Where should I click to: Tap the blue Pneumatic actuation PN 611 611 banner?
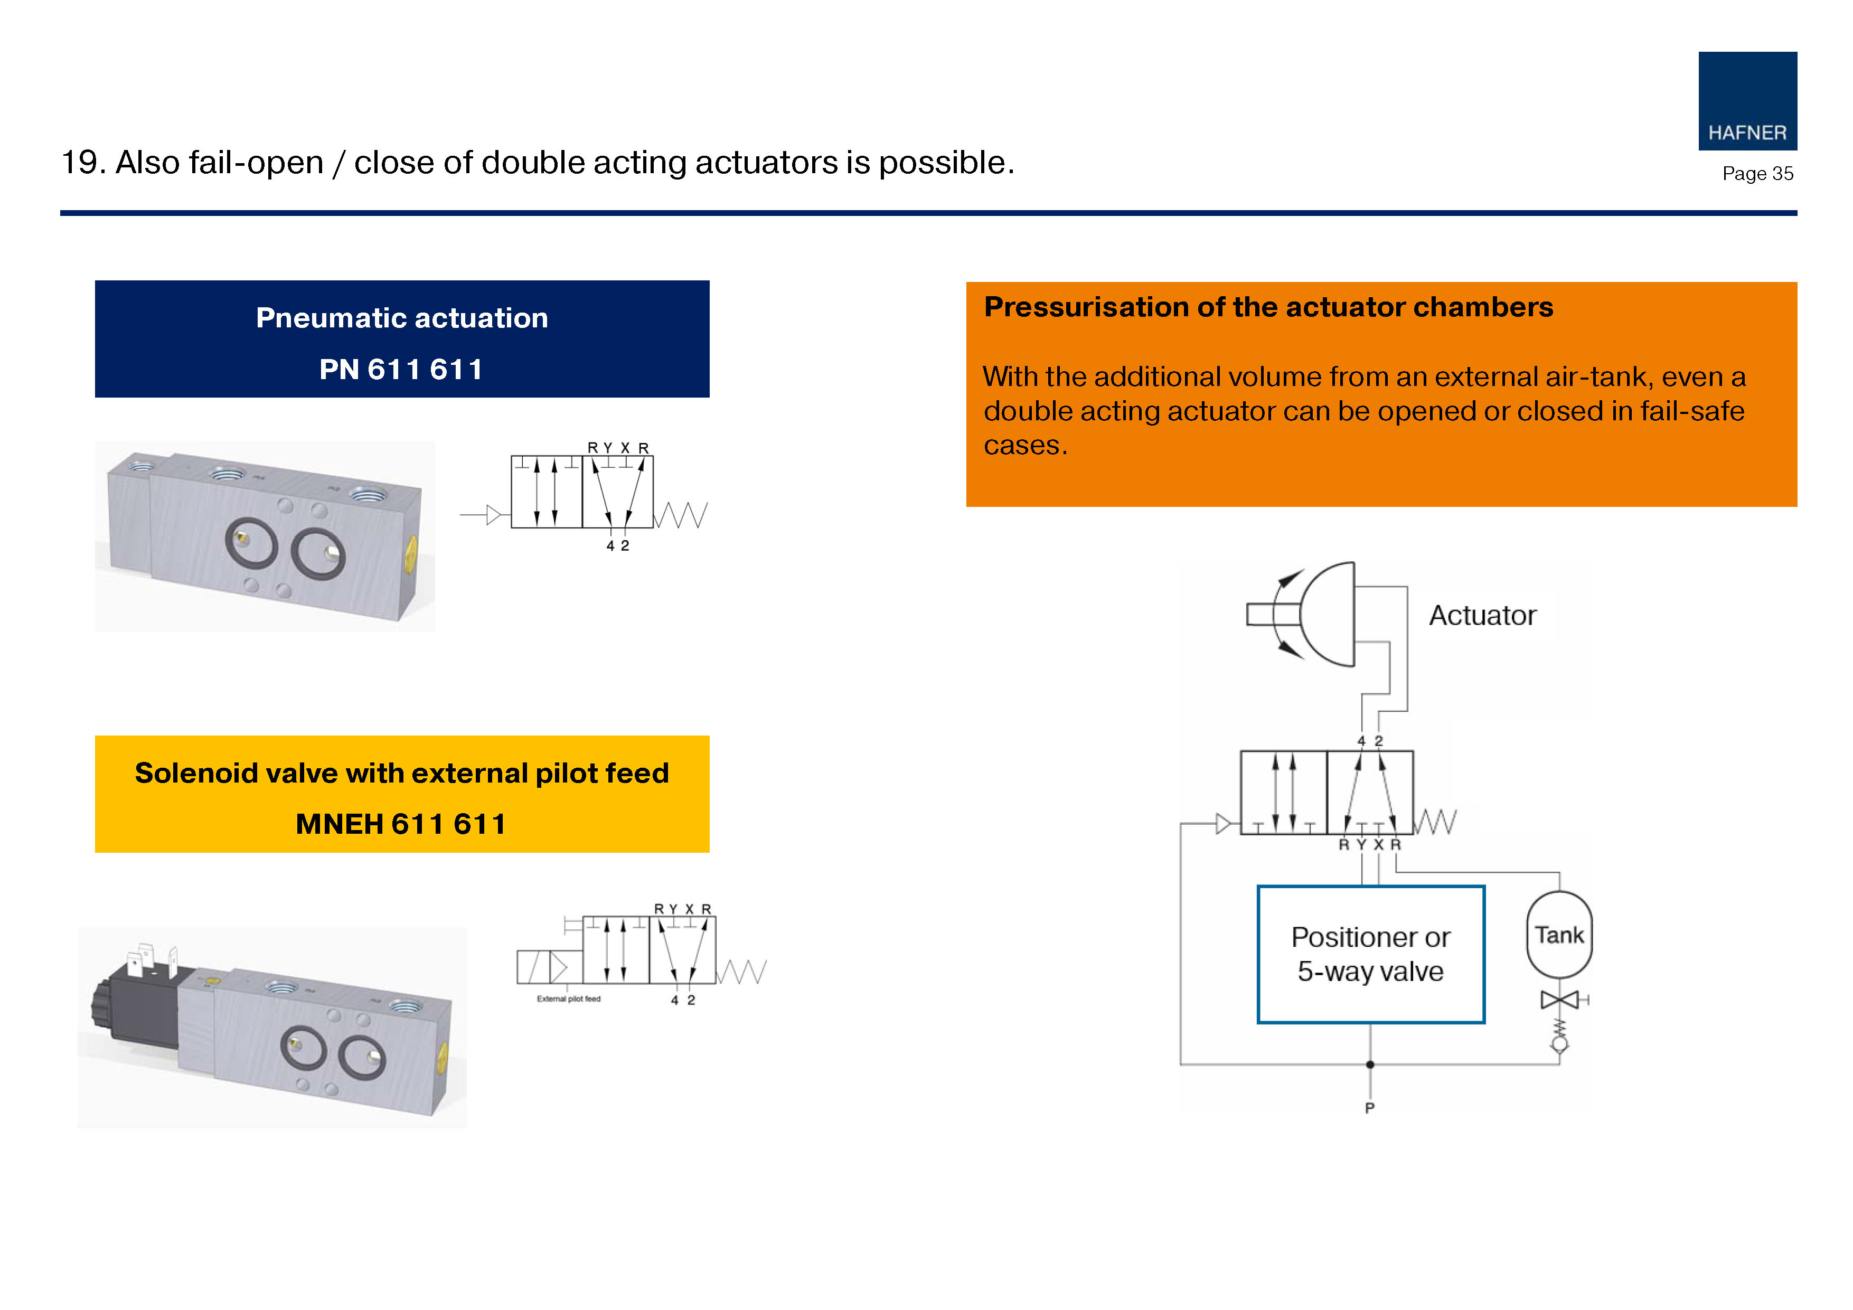pos(402,339)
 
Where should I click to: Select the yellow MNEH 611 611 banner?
pos(402,794)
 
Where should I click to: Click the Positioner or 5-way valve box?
pos(1370,954)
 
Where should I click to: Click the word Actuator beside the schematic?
pos(1483,616)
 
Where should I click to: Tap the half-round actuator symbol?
pos(1328,614)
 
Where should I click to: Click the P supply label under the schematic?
pos(1370,1108)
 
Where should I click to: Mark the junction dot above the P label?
pos(1370,1064)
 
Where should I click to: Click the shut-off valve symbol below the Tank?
pos(1559,1001)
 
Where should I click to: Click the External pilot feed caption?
pos(568,999)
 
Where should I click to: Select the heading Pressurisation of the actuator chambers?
pos(1268,307)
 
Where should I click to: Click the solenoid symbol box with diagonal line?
pos(533,967)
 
